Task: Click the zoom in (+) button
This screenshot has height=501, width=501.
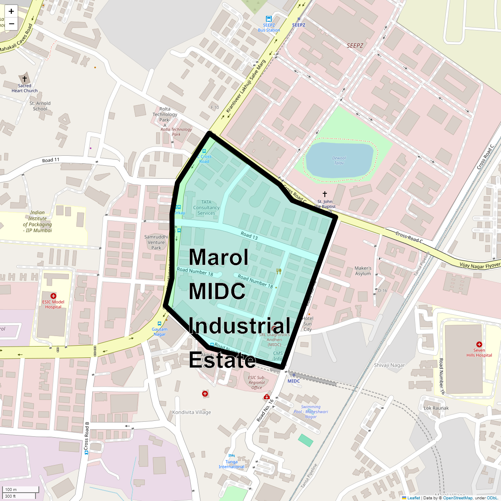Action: [x=11, y=11]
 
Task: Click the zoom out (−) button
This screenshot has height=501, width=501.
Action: [x=11, y=24]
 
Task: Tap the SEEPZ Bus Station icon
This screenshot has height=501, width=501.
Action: [x=268, y=19]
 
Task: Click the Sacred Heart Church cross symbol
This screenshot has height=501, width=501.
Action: [x=25, y=78]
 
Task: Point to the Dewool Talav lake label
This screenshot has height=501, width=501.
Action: [x=339, y=160]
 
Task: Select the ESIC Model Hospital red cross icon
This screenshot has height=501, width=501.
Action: [x=53, y=296]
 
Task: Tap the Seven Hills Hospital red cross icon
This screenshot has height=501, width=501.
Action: [x=479, y=344]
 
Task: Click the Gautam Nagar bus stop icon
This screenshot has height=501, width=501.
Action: [x=159, y=324]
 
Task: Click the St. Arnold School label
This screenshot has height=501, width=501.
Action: [x=40, y=106]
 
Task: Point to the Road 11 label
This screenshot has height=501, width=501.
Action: [x=51, y=160]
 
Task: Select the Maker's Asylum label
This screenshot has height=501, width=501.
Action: [x=363, y=271]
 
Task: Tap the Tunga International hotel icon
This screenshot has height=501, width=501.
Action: [x=232, y=456]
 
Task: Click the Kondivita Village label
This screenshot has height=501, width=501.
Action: [x=192, y=412]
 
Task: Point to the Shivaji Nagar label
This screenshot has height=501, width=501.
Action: [x=389, y=365]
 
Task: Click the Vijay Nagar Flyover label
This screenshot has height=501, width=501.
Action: [x=480, y=265]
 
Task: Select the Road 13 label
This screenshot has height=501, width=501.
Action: [x=249, y=235]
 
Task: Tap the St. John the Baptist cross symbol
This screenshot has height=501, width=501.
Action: [x=325, y=194]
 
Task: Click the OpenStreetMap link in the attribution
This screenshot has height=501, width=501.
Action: [x=458, y=498]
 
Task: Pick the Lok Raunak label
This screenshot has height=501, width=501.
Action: [x=436, y=408]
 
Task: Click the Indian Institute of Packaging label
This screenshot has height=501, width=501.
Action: [x=38, y=221]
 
